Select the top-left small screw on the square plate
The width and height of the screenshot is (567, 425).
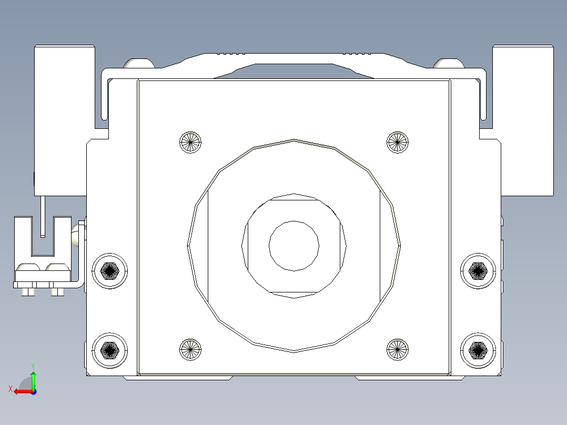coord(190,142)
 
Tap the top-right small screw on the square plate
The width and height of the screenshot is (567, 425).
coord(398,142)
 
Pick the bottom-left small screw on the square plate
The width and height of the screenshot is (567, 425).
coord(190,349)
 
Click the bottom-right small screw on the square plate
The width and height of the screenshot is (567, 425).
coord(398,349)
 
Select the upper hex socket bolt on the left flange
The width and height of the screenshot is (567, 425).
coord(109,271)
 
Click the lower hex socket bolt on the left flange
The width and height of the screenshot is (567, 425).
coord(109,350)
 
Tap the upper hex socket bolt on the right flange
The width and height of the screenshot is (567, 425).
coord(478,271)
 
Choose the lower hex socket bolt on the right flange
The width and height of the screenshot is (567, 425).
coord(478,350)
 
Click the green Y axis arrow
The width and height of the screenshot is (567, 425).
coord(33,380)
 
